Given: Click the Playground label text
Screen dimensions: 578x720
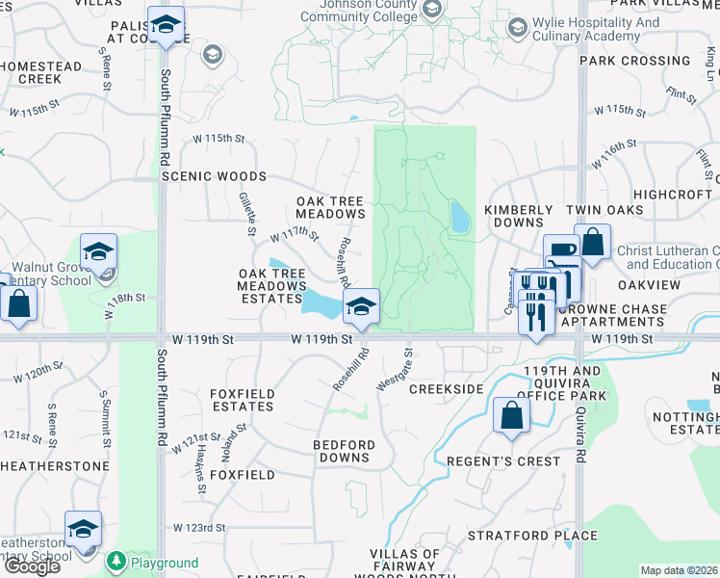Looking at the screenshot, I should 165,563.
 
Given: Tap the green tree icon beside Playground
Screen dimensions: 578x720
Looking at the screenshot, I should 116,560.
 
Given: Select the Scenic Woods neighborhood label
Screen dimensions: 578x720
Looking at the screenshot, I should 214,177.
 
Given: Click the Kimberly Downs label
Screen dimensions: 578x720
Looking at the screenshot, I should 518,216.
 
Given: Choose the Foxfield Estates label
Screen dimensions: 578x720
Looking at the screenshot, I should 243,400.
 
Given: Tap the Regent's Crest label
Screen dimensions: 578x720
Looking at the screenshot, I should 503,461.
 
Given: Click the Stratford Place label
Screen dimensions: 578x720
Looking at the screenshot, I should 533,536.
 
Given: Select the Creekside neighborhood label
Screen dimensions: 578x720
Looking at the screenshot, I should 446,388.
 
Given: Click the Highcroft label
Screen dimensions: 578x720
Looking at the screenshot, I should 673,194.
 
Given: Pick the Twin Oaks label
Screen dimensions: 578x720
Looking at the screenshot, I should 604,210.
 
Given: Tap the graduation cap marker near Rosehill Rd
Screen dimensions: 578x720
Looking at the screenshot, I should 361,306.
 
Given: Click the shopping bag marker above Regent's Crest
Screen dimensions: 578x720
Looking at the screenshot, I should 512,416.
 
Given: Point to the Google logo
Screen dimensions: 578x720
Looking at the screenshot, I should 32,566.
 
